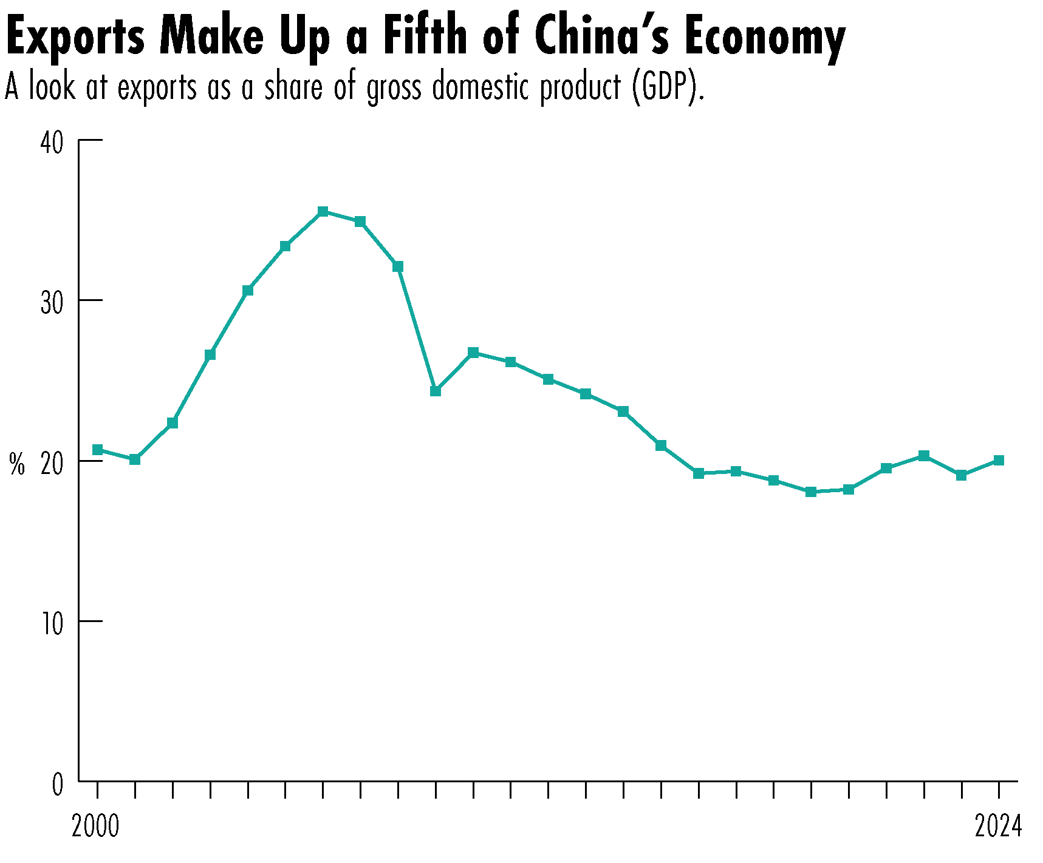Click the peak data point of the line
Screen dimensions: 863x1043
(323, 212)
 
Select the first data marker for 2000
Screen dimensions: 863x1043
(97, 450)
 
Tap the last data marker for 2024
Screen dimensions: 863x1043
(998, 461)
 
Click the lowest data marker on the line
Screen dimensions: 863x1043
(810, 492)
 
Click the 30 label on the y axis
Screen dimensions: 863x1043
(52, 303)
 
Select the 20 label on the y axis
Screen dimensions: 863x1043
(52, 464)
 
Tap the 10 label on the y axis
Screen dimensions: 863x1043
(52, 624)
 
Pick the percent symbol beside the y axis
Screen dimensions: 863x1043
(17, 465)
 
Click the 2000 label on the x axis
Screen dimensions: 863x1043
(95, 827)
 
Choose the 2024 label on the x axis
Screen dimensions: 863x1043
(998, 827)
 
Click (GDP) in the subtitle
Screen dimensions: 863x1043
(667, 88)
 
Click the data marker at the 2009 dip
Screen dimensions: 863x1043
(435, 391)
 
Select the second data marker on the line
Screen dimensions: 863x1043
(135, 459)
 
